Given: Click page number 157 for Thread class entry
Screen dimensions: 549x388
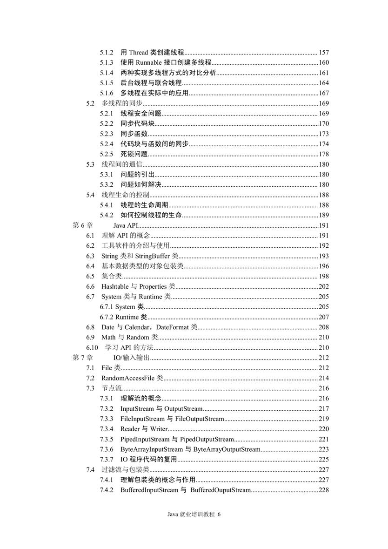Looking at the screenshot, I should [x=324, y=52].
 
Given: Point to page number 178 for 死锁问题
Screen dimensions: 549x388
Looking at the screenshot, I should [x=324, y=154].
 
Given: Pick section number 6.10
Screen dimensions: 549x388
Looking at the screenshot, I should [x=92, y=348].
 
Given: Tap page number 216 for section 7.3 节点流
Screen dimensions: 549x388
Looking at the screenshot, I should [x=324, y=388].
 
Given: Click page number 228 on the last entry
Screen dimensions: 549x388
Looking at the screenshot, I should [x=324, y=490].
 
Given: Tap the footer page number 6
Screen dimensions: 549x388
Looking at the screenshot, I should [x=218, y=514].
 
